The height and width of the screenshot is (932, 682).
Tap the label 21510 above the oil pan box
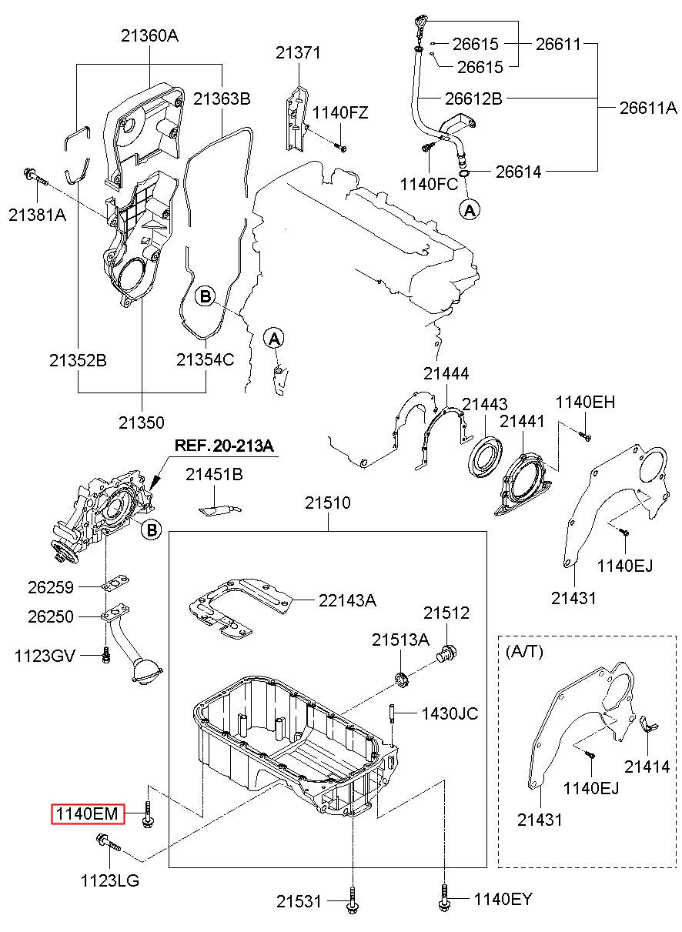click(327, 504)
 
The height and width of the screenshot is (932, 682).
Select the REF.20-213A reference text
click(224, 446)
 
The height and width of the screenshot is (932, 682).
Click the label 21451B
click(214, 476)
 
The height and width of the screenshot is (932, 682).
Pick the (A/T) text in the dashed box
click(524, 651)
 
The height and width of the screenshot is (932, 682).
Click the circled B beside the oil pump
click(152, 529)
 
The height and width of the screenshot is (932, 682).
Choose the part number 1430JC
click(449, 714)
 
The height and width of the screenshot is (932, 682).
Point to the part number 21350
click(142, 423)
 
